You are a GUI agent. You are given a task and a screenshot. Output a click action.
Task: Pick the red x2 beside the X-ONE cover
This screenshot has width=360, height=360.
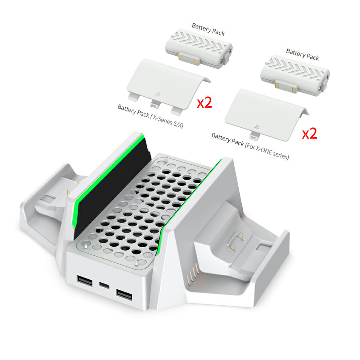point(309,134)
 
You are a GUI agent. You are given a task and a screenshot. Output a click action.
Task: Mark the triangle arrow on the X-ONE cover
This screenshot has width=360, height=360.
point(257,126)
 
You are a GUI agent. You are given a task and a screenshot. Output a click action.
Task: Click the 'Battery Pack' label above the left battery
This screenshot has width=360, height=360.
point(208,29)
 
